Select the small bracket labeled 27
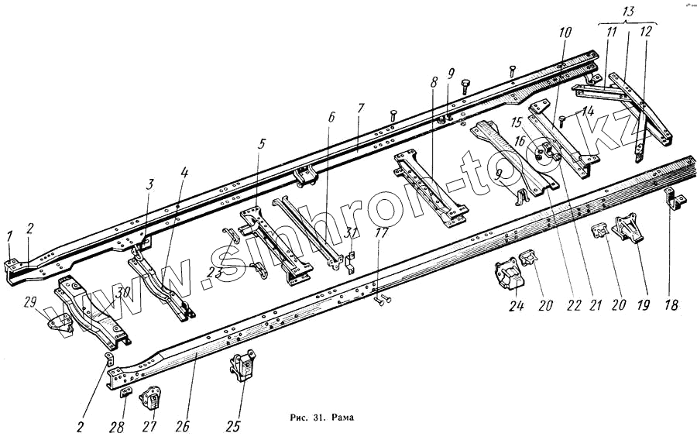(x=149, y=400)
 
